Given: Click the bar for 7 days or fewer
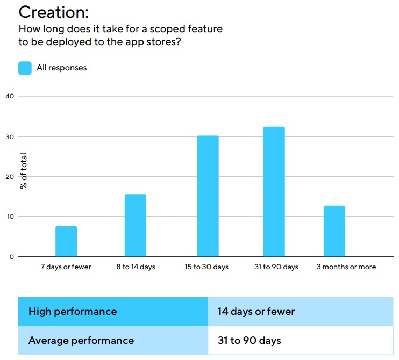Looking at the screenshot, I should click(x=66, y=241).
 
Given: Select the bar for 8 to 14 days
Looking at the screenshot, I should click(x=136, y=225).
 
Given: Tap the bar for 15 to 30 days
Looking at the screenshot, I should click(x=208, y=196).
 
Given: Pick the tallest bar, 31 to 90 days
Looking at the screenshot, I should click(x=274, y=192).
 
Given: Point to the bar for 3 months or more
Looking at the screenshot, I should click(x=334, y=231).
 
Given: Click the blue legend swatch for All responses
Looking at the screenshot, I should click(x=25, y=68).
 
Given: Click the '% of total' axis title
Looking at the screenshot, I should click(x=24, y=171).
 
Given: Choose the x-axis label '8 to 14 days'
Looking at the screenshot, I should click(x=136, y=267).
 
